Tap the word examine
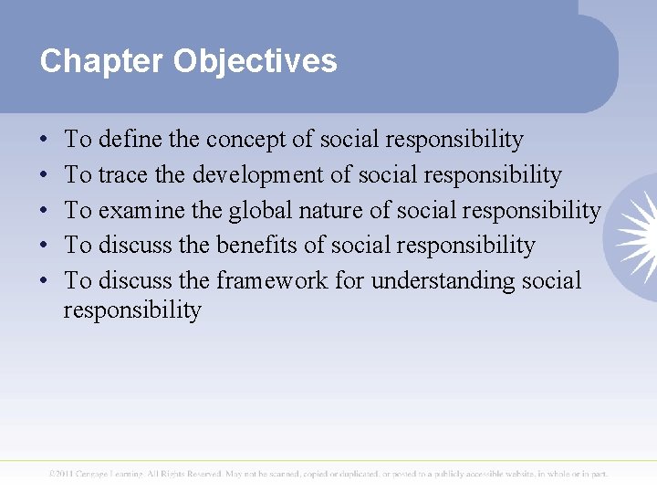[140, 210]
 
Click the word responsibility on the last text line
[132, 310]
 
